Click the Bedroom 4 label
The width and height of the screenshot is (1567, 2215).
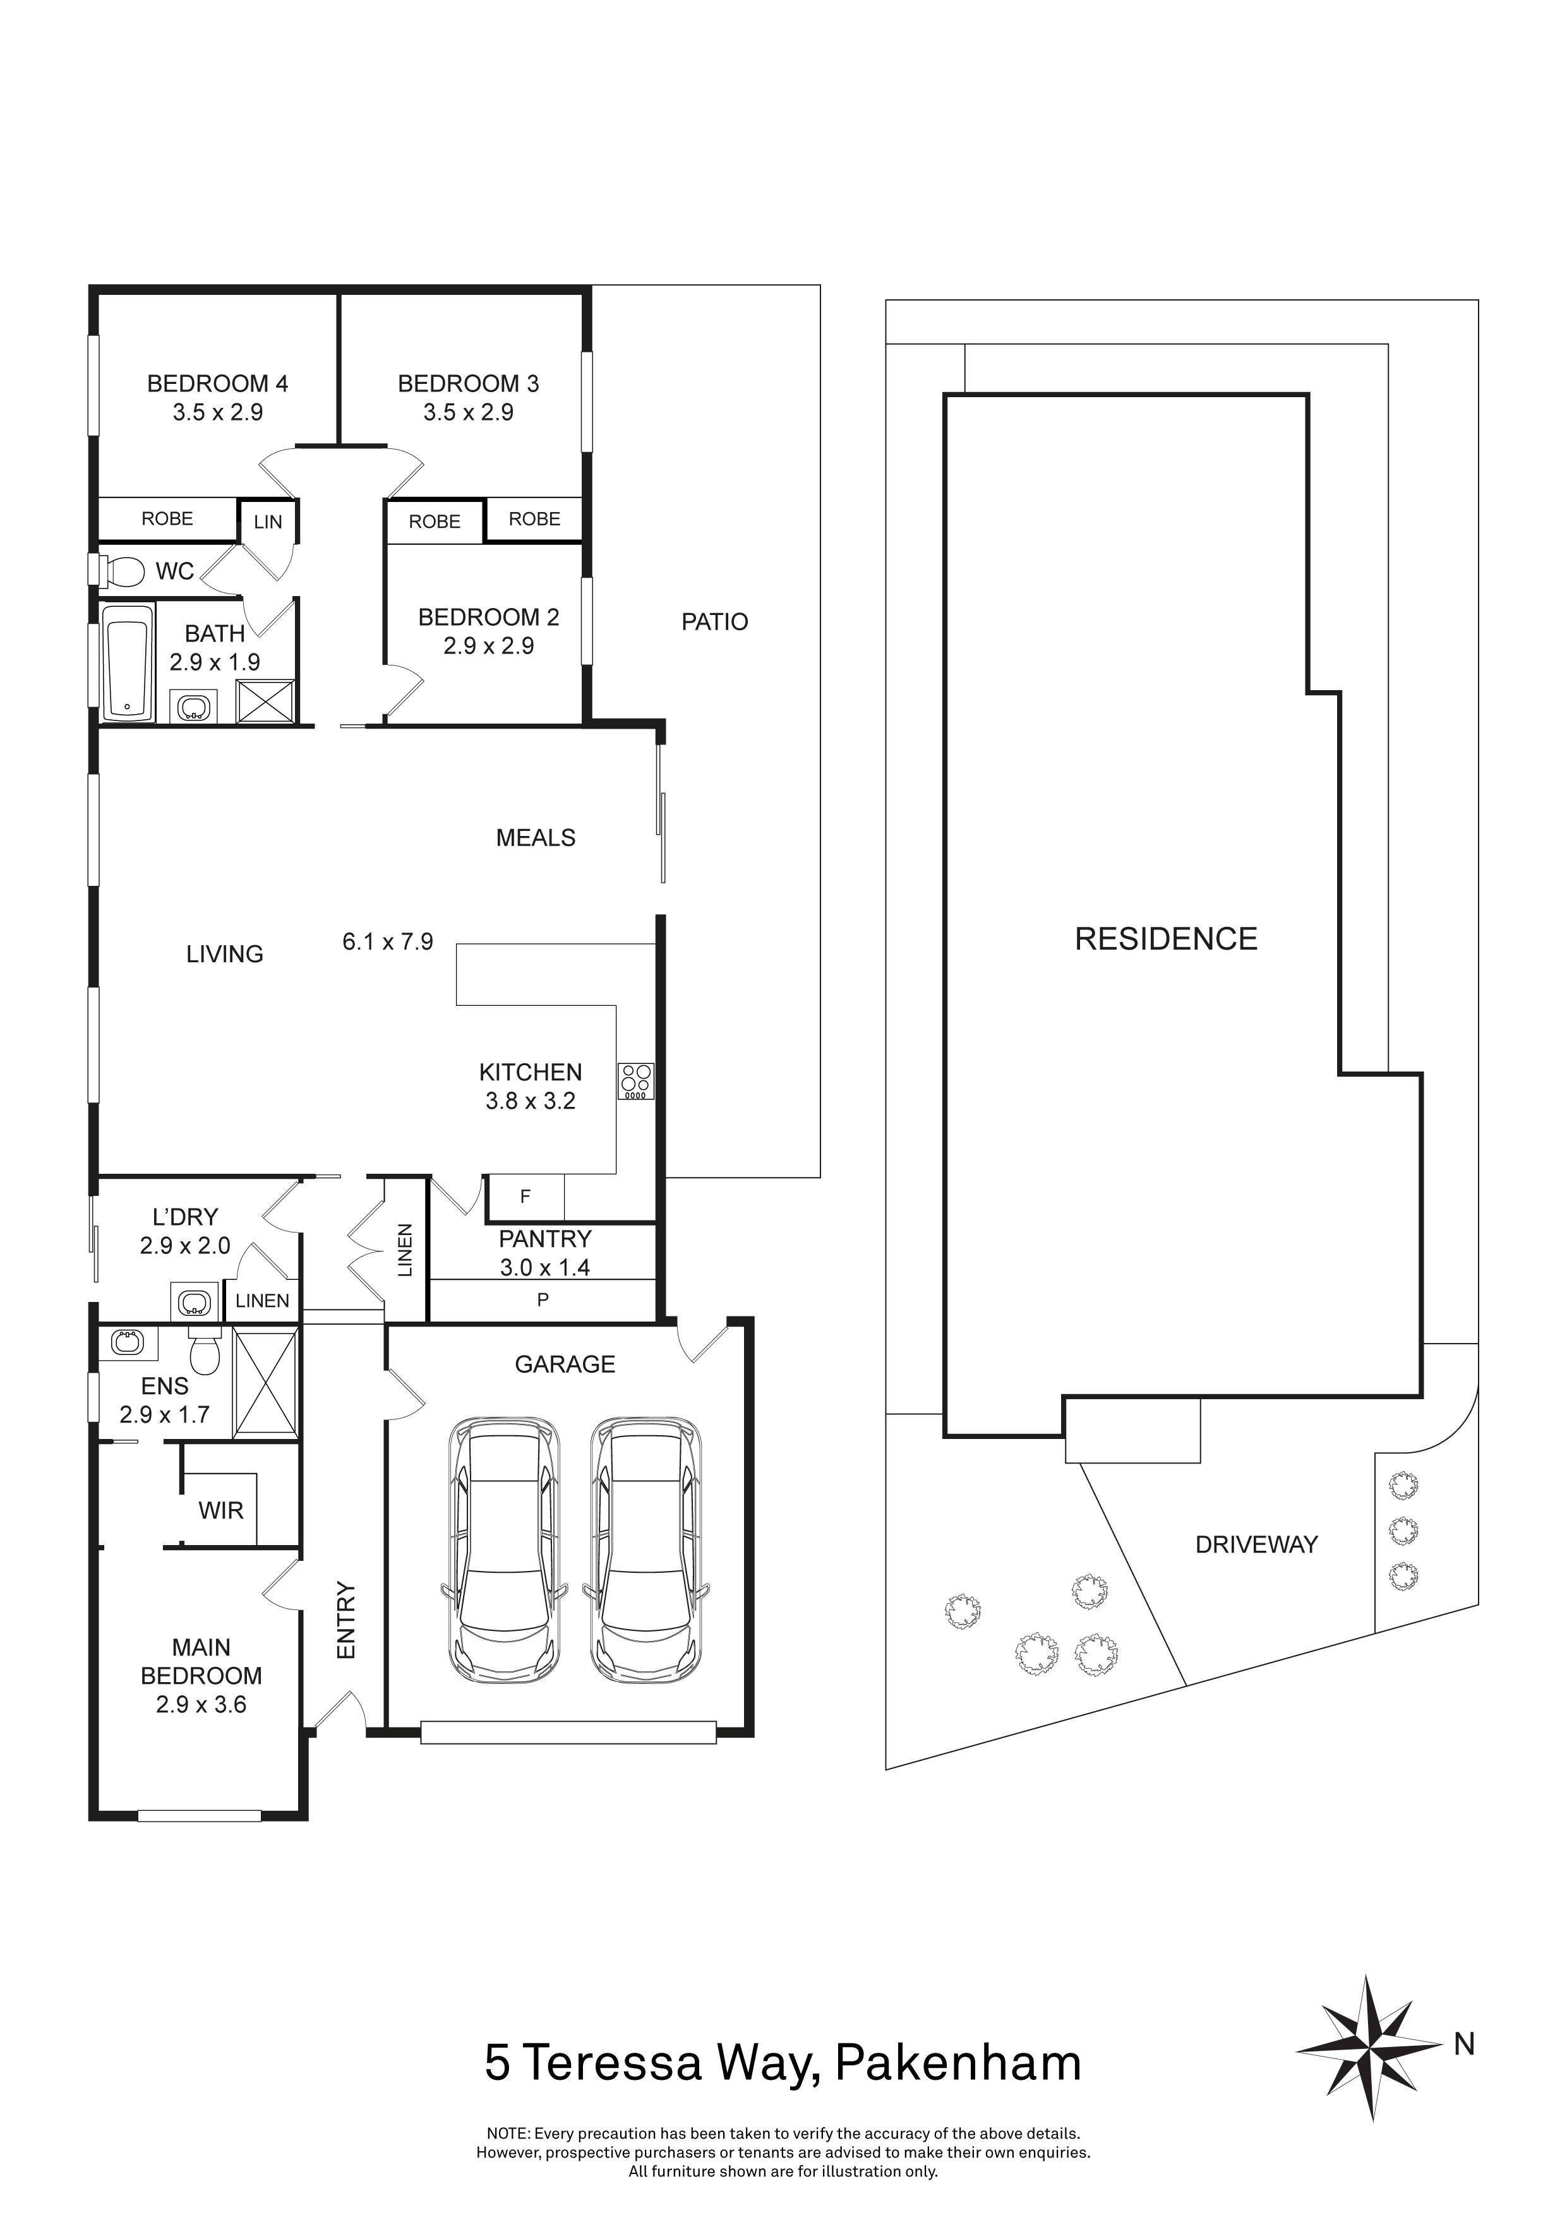[217, 384]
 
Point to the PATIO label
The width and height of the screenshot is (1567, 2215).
[714, 622]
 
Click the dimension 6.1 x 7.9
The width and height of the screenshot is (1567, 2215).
[388, 941]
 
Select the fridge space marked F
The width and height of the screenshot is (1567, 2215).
[525, 1197]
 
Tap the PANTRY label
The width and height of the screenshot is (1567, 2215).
[544, 1239]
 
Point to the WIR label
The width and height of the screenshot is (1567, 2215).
[221, 1511]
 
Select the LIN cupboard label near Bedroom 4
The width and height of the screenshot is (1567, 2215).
[267, 522]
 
